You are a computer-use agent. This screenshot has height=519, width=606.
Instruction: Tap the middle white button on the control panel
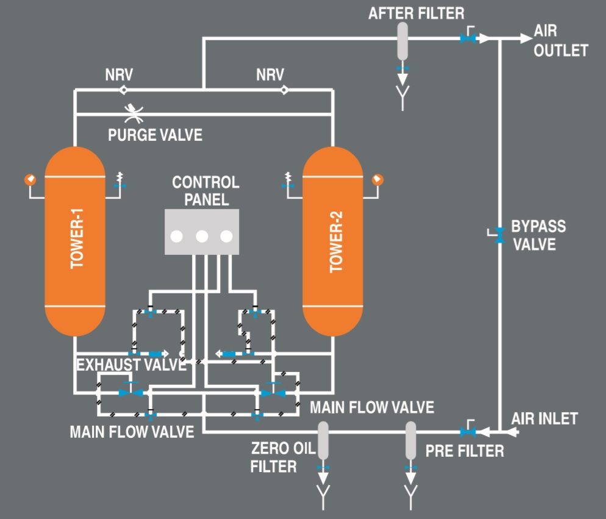202,236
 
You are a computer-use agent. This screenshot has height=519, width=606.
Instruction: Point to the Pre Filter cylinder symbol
412,440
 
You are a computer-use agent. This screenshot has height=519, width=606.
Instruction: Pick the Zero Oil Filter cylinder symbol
323,440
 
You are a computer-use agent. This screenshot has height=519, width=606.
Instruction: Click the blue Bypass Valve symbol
499,235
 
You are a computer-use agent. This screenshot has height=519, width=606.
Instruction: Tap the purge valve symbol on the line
134,113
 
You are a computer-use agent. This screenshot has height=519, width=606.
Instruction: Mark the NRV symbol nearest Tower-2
283,90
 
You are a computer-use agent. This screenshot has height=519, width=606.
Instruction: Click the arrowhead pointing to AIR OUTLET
526,38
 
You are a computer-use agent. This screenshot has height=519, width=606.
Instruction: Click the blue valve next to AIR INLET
468,432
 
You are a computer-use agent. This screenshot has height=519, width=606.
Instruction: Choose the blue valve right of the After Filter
468,38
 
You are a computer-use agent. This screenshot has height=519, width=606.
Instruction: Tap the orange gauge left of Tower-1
29,179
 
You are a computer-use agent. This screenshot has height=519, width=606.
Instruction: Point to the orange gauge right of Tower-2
377,179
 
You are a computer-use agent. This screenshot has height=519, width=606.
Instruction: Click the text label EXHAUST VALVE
131,365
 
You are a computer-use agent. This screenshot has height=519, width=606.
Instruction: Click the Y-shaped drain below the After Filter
402,98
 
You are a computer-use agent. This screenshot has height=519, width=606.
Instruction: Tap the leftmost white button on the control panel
177,236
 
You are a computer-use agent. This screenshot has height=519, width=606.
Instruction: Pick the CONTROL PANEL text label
205,191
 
